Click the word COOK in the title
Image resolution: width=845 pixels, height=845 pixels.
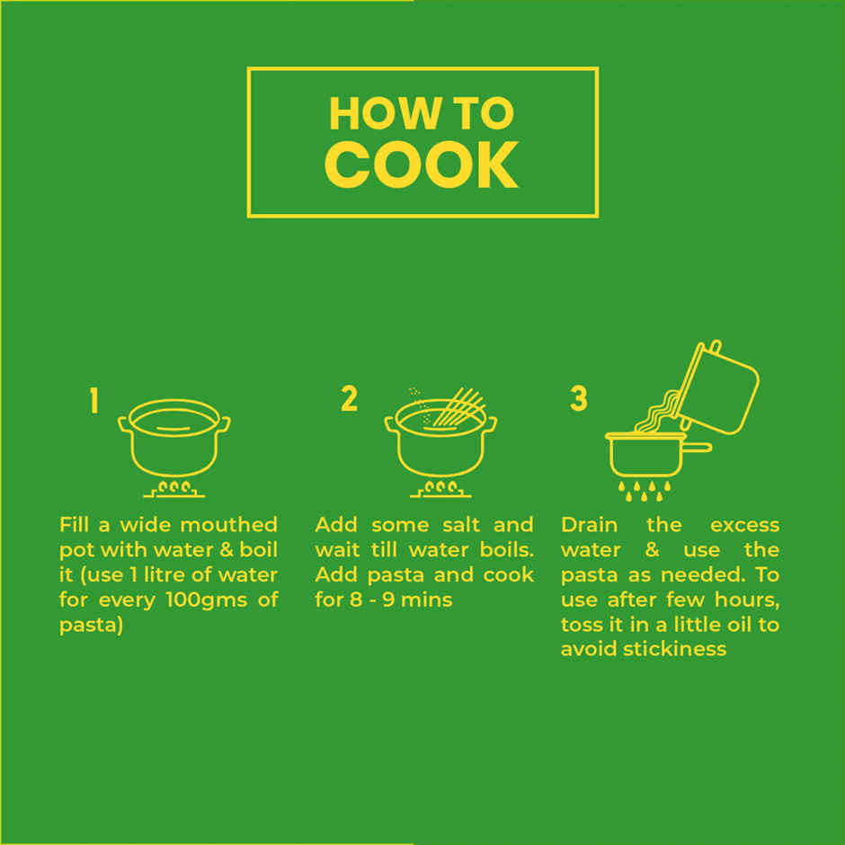tap(422, 165)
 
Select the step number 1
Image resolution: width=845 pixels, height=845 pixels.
tap(94, 400)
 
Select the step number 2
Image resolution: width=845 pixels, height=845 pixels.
tap(349, 399)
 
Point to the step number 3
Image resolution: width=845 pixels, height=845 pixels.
tap(579, 399)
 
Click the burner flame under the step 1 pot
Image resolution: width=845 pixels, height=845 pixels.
tap(174, 489)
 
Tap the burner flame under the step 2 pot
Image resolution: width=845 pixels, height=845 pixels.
tap(440, 489)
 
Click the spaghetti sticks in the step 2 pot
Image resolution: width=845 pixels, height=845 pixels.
tap(458, 407)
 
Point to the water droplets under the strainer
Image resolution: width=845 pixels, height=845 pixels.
tap(644, 491)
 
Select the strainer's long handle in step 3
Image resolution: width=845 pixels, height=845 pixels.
tap(697, 448)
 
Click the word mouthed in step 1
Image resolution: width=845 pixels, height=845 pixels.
tap(229, 524)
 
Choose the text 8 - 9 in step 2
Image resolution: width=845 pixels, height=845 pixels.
tap(372, 600)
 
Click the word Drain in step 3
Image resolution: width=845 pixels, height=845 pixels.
tap(589, 524)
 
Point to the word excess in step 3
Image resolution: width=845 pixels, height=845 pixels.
tap(744, 526)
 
